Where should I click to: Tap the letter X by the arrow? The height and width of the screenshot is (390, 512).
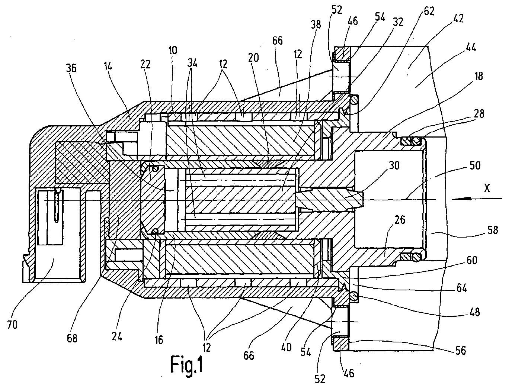point(487,188)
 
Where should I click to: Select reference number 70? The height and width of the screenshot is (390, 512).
point(12,325)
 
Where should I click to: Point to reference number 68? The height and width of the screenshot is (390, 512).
point(72,338)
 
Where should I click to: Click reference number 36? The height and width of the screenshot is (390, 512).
point(71,68)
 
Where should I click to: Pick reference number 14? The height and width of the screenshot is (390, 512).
point(108,67)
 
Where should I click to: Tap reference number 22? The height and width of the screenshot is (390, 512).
point(145,64)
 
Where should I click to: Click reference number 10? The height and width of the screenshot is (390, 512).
point(173,50)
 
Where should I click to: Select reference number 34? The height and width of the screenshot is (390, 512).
point(192,63)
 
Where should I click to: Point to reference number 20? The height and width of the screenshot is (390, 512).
point(253,57)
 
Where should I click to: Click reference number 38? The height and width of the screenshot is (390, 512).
point(316,25)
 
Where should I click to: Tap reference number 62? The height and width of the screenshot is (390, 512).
point(429,11)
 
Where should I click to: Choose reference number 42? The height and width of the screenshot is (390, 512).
point(458,19)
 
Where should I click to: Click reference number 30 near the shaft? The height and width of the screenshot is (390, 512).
point(394,165)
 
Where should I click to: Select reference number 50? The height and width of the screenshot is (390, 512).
point(475,166)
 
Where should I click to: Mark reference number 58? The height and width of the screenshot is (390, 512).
point(492,230)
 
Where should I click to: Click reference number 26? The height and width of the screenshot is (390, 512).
point(400,220)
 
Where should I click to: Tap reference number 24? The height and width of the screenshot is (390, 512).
point(116,336)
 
